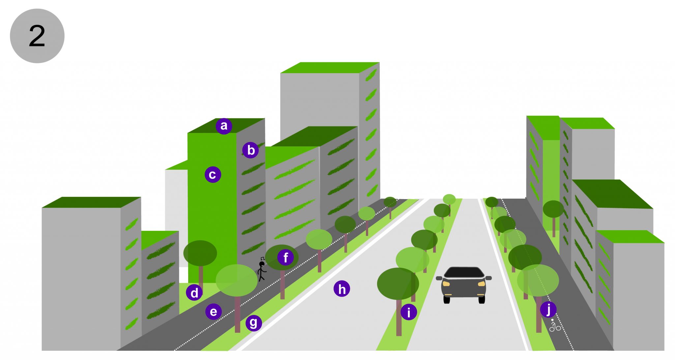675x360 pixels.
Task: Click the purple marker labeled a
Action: coord(224,126)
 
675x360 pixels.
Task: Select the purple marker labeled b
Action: coord(250,150)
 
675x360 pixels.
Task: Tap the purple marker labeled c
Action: coord(213,174)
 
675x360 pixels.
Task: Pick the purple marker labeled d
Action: coord(194,292)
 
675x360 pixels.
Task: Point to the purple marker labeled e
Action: coord(214,312)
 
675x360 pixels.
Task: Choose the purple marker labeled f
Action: coord(285,257)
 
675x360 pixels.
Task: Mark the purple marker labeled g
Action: coord(253,323)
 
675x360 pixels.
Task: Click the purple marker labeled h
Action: coord(342,289)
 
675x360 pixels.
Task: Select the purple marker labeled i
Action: coord(409,312)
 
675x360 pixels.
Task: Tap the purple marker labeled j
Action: coord(548,309)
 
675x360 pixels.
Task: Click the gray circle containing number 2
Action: coord(37,36)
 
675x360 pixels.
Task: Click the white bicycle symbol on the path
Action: coord(555,325)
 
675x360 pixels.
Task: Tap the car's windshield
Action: coord(464,272)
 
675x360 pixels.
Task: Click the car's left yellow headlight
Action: coord(446,284)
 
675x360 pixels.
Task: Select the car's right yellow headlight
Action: coord(481,284)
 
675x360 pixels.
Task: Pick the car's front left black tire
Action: coord(447,300)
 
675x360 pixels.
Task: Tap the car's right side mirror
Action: coord(488,278)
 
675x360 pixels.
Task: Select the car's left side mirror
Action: coord(439,278)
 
